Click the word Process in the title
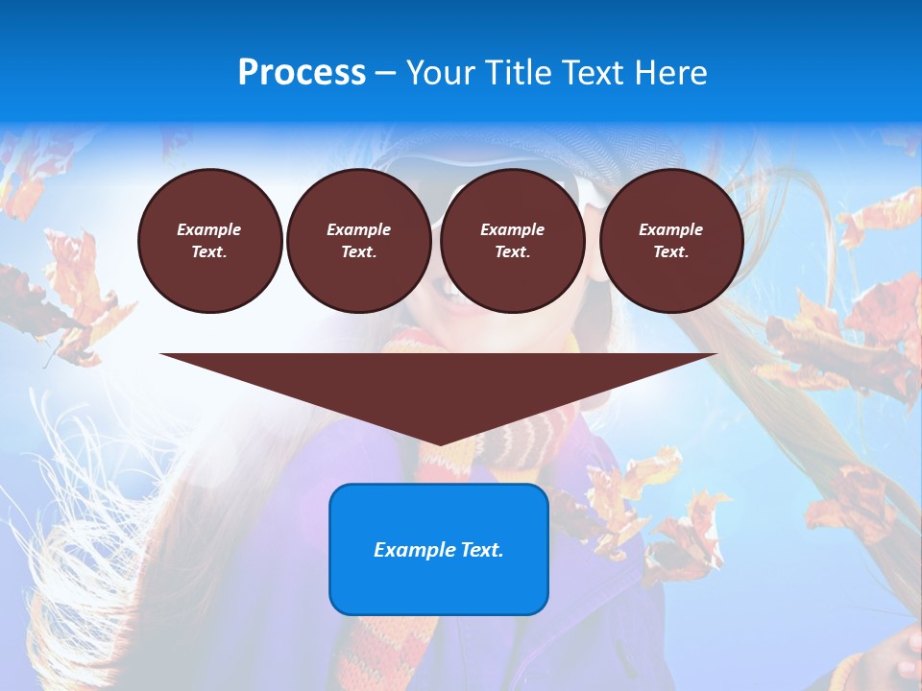click(302, 73)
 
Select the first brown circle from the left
click(209, 241)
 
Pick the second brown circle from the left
click(358, 241)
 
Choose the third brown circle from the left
click(512, 241)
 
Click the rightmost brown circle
click(670, 241)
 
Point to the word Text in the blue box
click(481, 550)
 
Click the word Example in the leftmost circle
click(209, 229)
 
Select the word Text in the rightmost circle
click(670, 252)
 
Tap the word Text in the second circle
click(358, 252)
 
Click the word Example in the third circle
click(512, 229)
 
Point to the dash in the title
click(385, 73)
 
